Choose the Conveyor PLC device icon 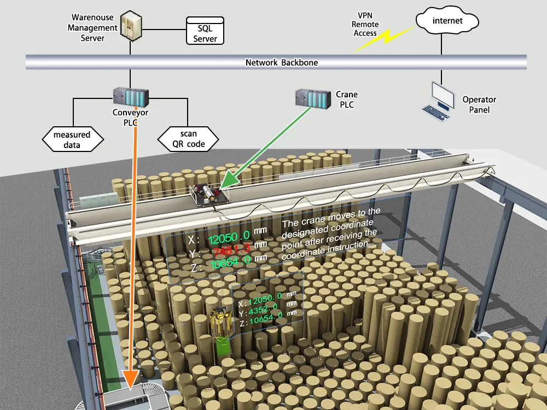(130, 97)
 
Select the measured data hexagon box (72, 139)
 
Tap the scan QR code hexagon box (188, 139)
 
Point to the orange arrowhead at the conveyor (131, 379)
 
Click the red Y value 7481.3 (232, 250)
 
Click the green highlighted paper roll (222, 345)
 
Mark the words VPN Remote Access (365, 25)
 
